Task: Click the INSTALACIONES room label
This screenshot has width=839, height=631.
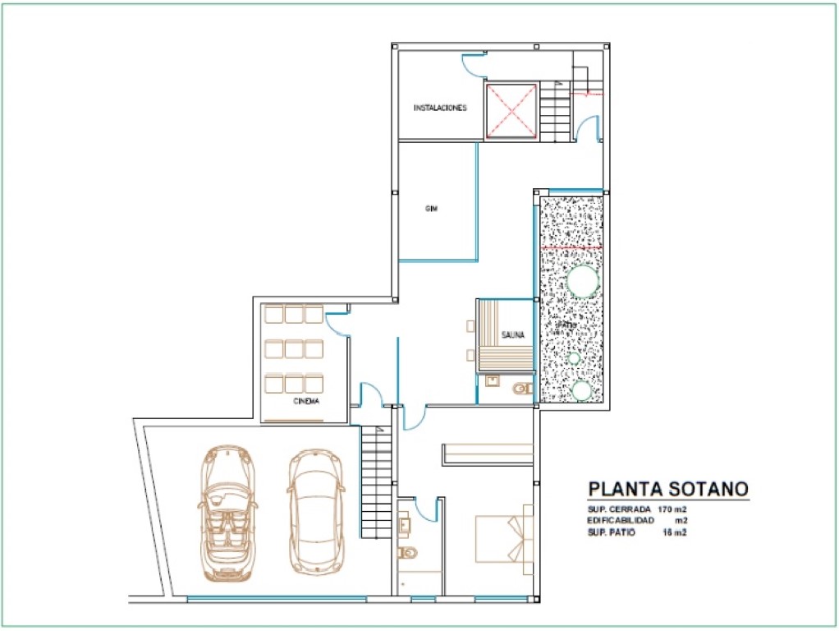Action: [440, 108]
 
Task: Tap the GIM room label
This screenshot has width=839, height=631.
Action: [431, 209]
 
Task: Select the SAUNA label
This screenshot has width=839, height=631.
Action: [514, 334]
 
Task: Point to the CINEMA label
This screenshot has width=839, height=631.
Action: [306, 402]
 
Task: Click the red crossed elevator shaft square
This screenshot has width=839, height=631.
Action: [510, 111]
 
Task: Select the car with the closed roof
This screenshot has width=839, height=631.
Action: [315, 511]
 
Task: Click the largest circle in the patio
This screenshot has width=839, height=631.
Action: [583, 281]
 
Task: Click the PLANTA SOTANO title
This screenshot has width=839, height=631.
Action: [667, 490]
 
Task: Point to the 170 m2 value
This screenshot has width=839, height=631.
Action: [672, 510]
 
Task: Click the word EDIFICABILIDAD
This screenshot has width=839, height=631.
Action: [621, 521]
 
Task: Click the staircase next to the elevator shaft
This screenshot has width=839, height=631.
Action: [554, 110]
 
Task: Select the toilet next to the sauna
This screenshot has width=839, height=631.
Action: [522, 389]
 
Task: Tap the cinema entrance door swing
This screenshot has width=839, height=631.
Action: [337, 324]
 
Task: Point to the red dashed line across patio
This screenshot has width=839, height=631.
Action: [572, 246]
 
